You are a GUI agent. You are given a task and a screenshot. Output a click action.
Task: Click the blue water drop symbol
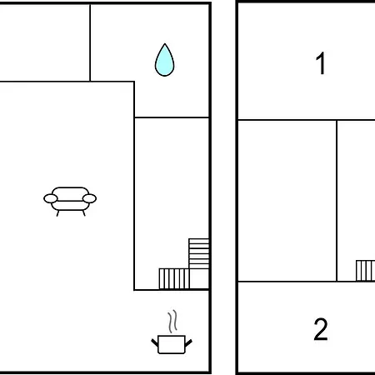click(x=164, y=61)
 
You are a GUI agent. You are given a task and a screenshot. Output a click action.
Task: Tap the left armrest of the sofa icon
click(x=51, y=198)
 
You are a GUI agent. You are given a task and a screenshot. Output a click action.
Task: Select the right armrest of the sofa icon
click(x=89, y=198)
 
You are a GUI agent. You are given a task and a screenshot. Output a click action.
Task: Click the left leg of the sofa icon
click(x=57, y=213)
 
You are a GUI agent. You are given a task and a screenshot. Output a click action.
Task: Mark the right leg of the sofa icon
click(x=83, y=213)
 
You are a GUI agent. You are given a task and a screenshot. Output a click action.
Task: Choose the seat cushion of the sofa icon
click(x=70, y=206)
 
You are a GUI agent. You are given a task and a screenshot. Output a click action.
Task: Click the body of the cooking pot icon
click(x=172, y=344)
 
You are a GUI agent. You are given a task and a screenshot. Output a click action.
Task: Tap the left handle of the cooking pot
click(x=155, y=342)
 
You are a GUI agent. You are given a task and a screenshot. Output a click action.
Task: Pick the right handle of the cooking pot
click(x=188, y=343)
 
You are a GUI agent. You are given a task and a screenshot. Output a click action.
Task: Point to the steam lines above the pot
click(x=172, y=322)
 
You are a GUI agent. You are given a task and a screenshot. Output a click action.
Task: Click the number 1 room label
click(x=321, y=63)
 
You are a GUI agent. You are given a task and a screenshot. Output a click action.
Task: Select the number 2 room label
click(x=321, y=329)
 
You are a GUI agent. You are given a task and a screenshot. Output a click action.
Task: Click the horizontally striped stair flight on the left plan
click(x=199, y=253)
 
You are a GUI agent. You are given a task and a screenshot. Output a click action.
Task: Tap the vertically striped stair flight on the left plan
click(x=174, y=278)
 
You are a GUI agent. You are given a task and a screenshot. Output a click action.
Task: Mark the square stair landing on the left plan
click(x=199, y=279)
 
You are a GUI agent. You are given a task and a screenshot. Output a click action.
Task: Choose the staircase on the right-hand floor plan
click(x=365, y=271)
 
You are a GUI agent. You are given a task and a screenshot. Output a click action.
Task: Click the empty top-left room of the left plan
click(x=44, y=42)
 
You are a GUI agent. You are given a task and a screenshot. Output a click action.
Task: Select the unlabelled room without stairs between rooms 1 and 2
click(x=287, y=201)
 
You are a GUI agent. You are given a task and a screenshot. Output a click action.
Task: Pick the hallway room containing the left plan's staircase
click(x=172, y=203)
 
